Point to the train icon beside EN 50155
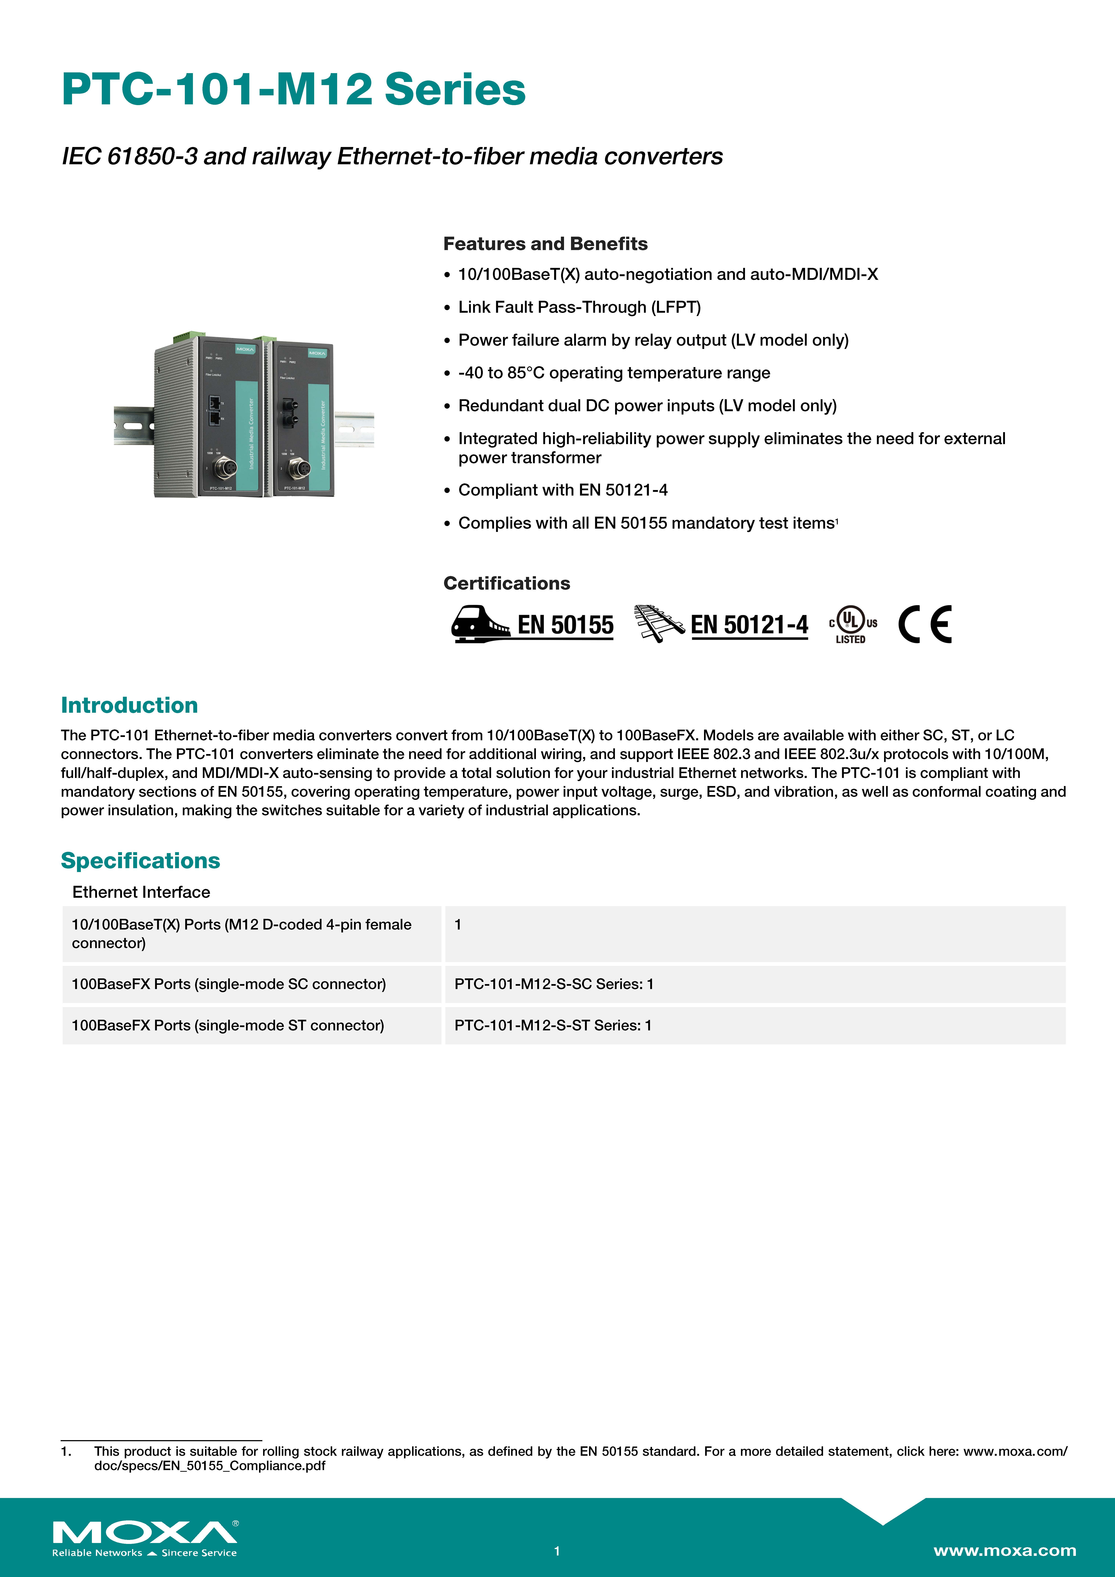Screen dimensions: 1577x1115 click(x=480, y=624)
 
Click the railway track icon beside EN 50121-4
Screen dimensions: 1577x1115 click(x=658, y=624)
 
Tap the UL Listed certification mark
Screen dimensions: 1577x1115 click(x=852, y=624)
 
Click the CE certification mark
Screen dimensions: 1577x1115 click(x=925, y=624)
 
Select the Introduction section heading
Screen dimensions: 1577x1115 click(x=129, y=705)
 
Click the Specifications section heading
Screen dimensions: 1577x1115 click(x=140, y=861)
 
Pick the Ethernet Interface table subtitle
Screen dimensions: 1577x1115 click(x=141, y=892)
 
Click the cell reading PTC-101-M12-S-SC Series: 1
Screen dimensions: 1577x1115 click(x=554, y=984)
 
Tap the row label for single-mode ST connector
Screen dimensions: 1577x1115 click(x=227, y=1025)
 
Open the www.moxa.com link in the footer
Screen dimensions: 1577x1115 click(x=1004, y=1550)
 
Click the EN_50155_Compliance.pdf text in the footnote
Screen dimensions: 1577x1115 click(x=210, y=1466)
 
